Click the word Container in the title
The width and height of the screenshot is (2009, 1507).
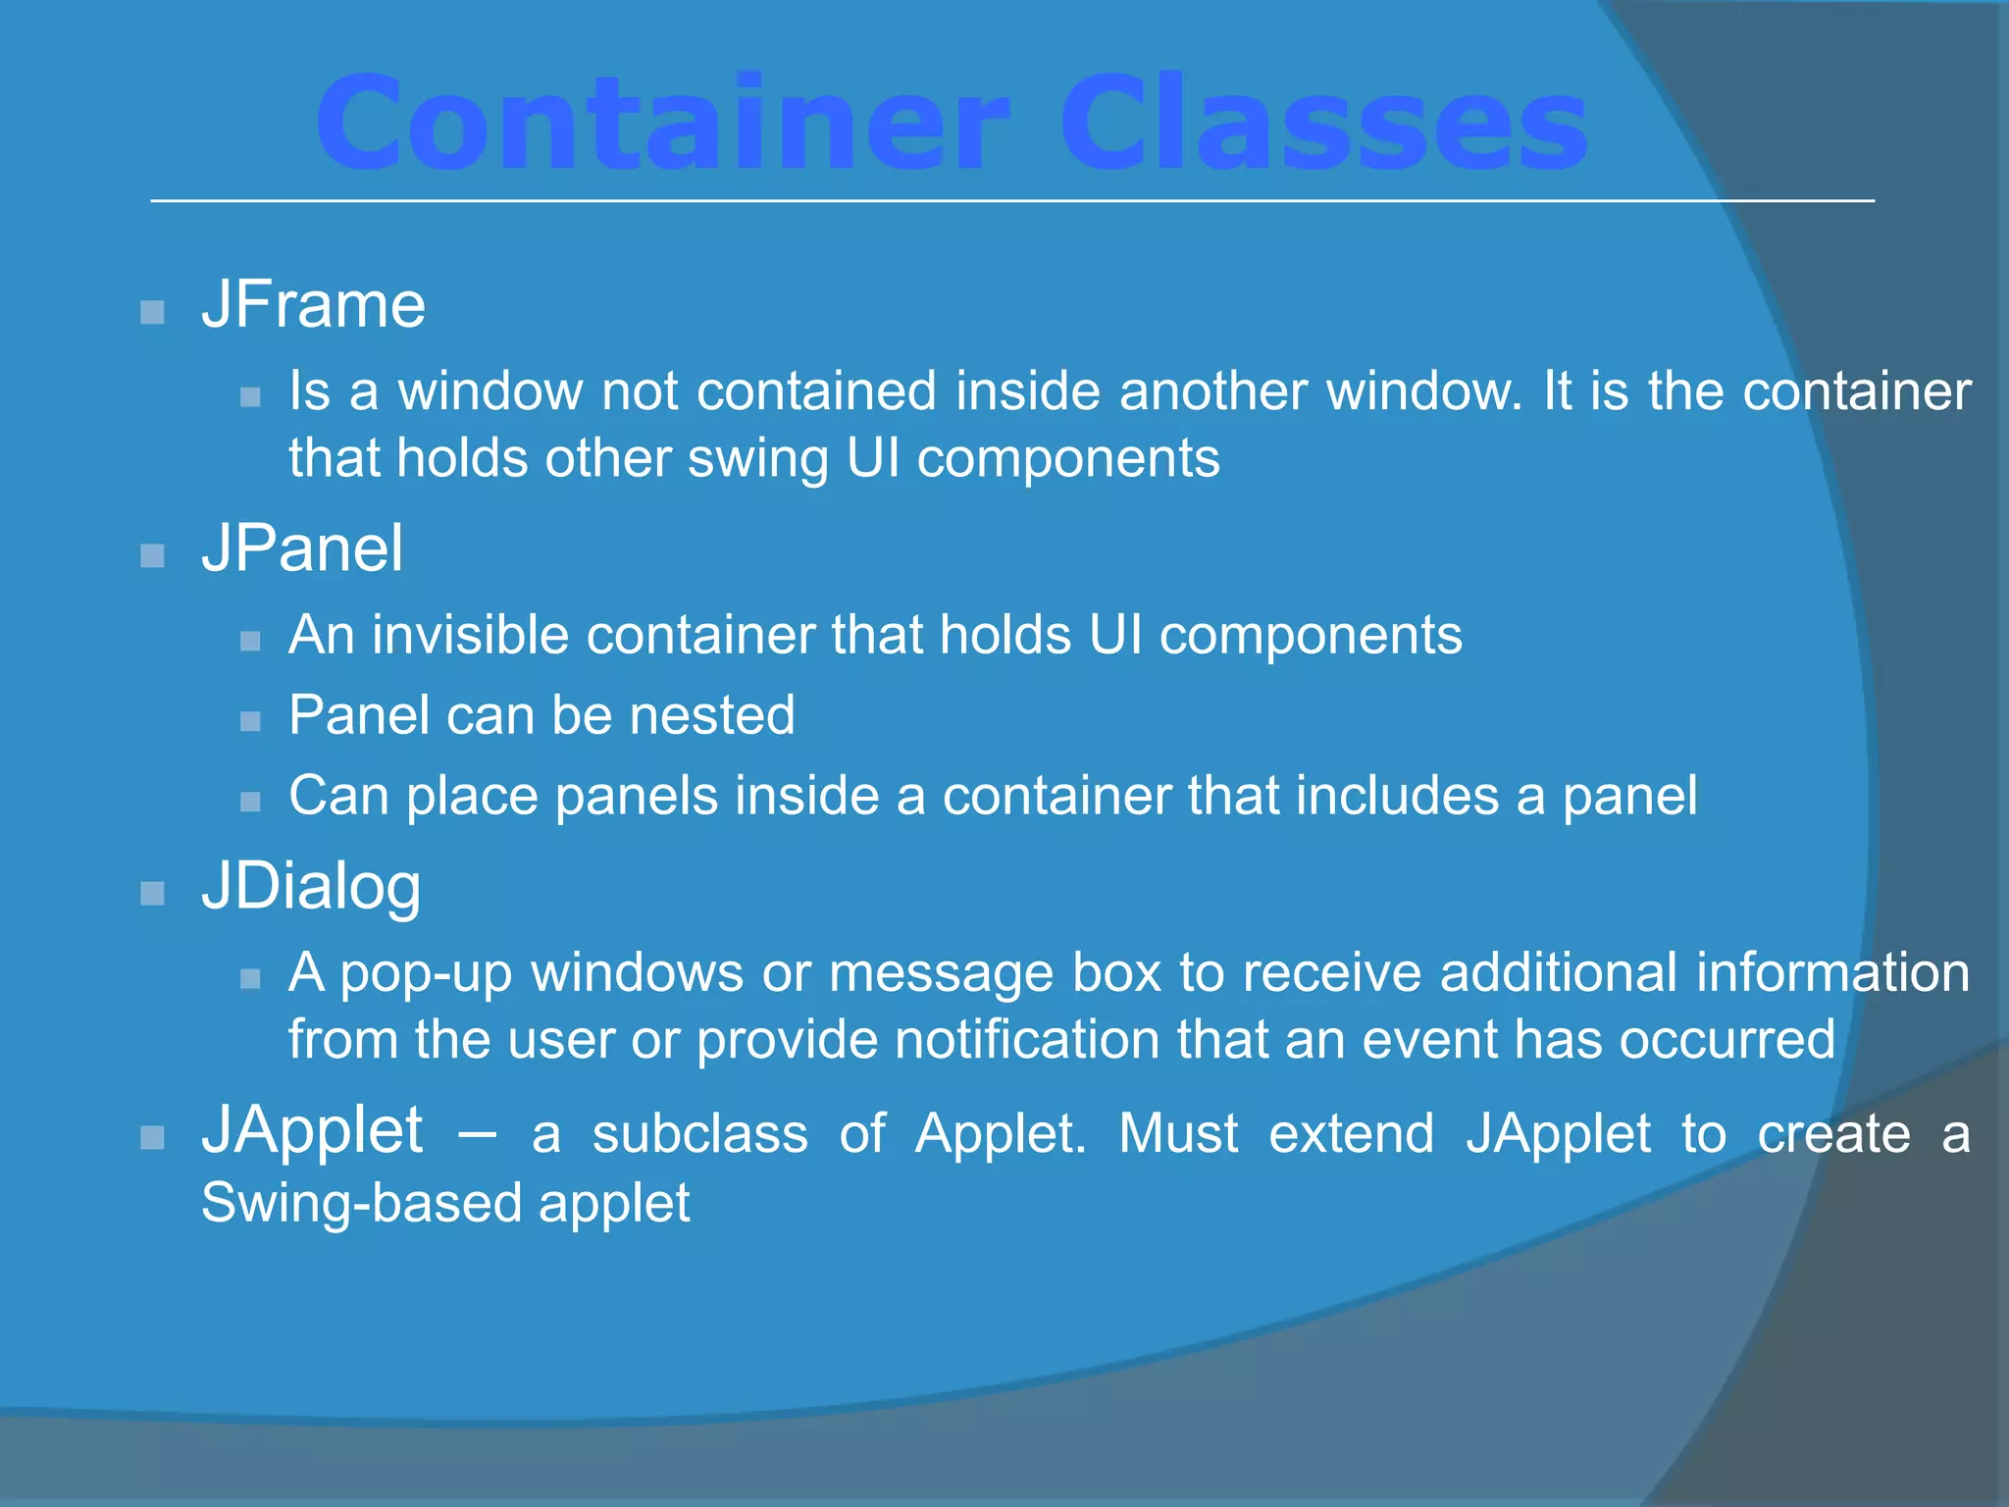pyautogui.click(x=659, y=126)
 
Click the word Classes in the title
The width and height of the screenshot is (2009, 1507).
pyautogui.click(x=1322, y=126)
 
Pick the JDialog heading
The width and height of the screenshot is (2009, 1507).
pyautogui.click(x=311, y=886)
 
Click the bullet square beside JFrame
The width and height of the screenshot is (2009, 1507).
pyautogui.click(x=152, y=313)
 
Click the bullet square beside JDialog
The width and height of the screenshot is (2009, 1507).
pyautogui.click(x=152, y=894)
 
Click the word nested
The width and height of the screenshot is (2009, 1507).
pyautogui.click(x=711, y=715)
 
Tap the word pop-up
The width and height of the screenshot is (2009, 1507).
pyautogui.click(x=426, y=974)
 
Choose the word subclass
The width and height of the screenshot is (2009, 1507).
pyautogui.click(x=699, y=1134)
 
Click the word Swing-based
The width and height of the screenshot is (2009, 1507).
pyautogui.click(x=360, y=1203)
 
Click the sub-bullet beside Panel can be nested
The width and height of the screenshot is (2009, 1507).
pyautogui.click(x=250, y=722)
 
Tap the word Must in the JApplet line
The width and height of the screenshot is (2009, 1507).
pyautogui.click(x=1178, y=1134)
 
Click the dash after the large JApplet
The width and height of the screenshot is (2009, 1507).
pyautogui.click(x=477, y=1136)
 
